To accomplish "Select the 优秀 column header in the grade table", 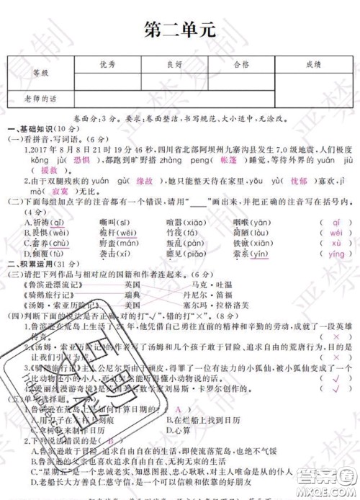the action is [x=107, y=64].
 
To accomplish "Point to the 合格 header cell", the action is [x=241, y=64].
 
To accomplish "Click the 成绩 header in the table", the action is [x=312, y=64].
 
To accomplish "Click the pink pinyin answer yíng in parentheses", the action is [x=336, y=254].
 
